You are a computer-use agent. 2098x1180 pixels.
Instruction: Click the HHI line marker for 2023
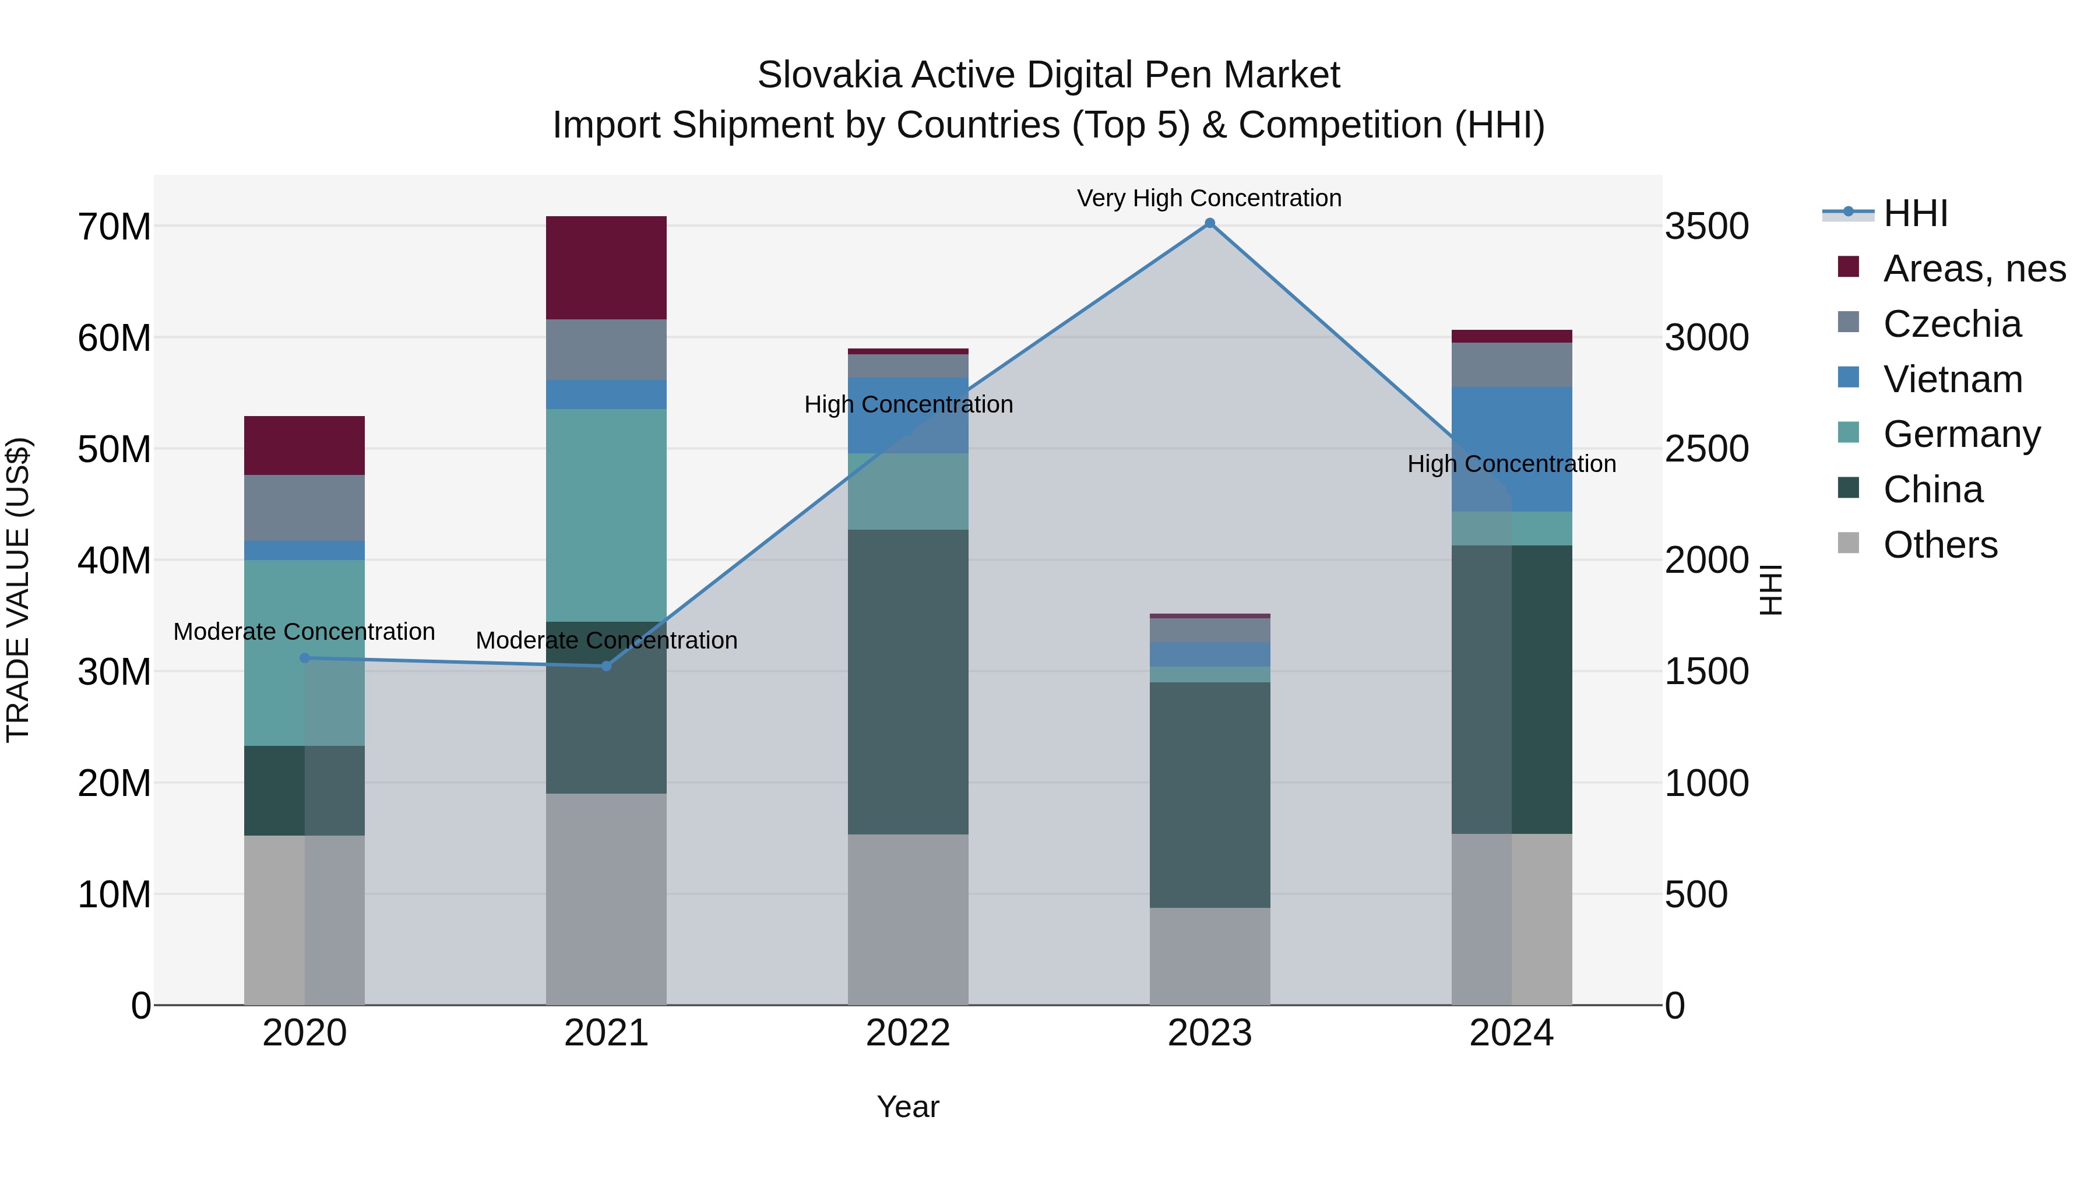pyautogui.click(x=1209, y=223)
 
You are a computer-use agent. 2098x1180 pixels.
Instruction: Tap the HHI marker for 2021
pyautogui.click(x=606, y=666)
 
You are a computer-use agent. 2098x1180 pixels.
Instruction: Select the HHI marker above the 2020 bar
pyautogui.click(x=305, y=658)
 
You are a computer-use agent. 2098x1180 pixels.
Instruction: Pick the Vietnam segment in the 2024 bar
pyautogui.click(x=1512, y=449)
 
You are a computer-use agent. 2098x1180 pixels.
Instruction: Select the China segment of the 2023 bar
pyautogui.click(x=1209, y=794)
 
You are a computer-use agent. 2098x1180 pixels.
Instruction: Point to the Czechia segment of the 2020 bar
pyautogui.click(x=305, y=508)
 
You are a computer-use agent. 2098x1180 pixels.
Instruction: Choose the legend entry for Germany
pyautogui.click(x=1961, y=434)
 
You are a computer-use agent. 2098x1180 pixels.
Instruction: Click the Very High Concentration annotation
pyautogui.click(x=1209, y=198)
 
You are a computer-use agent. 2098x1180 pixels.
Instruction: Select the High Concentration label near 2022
pyautogui.click(x=908, y=405)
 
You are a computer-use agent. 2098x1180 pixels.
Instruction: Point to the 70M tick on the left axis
pyautogui.click(x=114, y=227)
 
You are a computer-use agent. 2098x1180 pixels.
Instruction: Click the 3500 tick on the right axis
pyautogui.click(x=1706, y=227)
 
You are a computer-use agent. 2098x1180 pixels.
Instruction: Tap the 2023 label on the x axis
pyautogui.click(x=1209, y=1033)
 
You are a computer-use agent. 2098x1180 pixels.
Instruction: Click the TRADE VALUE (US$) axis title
pyautogui.click(x=18, y=590)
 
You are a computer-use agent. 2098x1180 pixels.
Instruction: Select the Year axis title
pyautogui.click(x=907, y=1107)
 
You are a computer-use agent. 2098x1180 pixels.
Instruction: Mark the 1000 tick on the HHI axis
pyautogui.click(x=1706, y=783)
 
